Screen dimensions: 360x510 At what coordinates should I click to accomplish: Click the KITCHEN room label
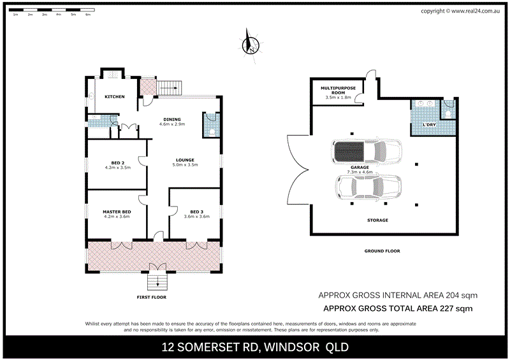[114, 97]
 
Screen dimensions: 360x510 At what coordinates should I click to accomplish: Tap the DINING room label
[171, 119]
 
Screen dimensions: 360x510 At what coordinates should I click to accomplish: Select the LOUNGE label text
[186, 160]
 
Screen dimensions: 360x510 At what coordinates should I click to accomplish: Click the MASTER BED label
[117, 212]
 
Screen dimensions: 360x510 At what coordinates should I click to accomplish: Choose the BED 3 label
[196, 212]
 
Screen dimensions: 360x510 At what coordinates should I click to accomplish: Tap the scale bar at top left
[51, 11]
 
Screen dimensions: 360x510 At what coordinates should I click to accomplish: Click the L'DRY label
[428, 124]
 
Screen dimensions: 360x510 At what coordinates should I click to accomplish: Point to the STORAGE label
[377, 220]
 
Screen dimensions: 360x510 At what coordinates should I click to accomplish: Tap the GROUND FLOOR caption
[382, 251]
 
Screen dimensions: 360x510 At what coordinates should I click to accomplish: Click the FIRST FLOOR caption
[155, 297]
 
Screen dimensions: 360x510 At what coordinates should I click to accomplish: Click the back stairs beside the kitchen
[169, 87]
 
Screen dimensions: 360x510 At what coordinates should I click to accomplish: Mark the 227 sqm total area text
[398, 308]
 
